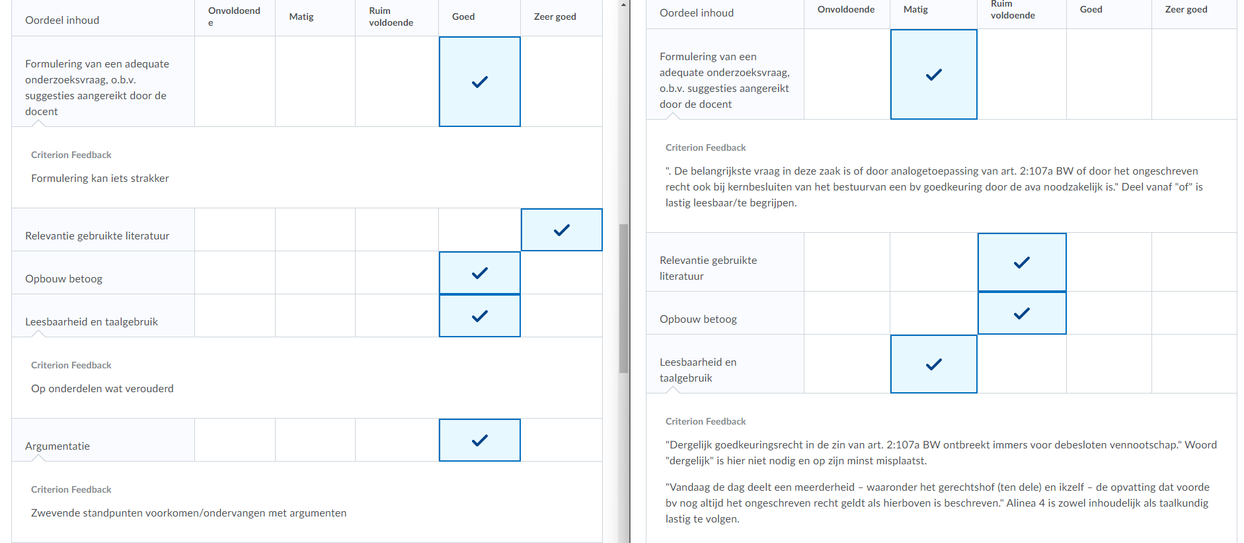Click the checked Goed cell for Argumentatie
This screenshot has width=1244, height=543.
(480, 440)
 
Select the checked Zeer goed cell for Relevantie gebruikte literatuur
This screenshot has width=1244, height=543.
(562, 230)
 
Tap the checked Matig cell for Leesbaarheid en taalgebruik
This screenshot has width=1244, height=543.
(934, 364)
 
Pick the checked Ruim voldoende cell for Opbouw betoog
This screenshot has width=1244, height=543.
(1022, 313)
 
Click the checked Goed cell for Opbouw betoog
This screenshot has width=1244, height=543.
(480, 273)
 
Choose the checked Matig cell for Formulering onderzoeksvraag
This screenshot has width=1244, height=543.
(934, 75)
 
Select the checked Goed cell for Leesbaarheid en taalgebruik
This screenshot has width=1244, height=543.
(480, 316)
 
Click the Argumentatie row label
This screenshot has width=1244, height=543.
(58, 446)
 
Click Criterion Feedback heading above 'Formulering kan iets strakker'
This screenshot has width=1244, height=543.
(71, 155)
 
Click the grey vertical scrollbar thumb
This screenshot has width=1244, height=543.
(623, 298)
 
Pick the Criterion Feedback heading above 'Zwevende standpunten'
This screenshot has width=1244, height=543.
(71, 489)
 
